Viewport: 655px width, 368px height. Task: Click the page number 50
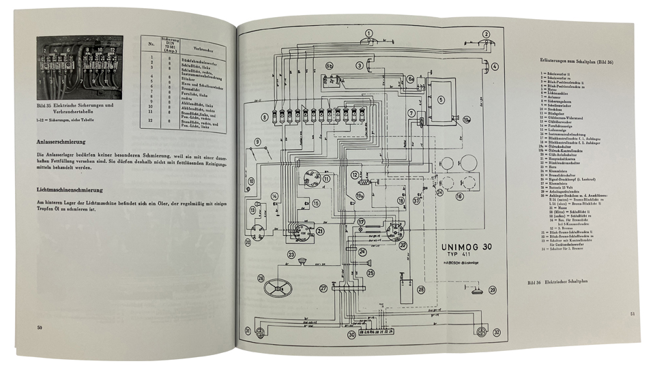42,328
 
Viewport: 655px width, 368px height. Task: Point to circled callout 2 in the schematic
486,33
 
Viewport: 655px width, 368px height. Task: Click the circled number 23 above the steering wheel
291,255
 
